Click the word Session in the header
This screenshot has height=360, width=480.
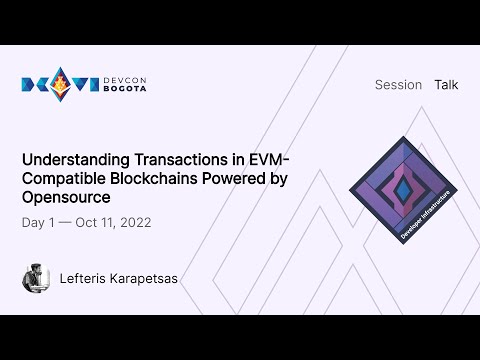point(398,85)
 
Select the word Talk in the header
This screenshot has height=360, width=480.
point(446,85)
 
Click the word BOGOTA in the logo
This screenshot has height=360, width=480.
point(128,91)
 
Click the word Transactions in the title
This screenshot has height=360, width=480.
point(176,160)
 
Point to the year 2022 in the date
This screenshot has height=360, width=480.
point(134,222)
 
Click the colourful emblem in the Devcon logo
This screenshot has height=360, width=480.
point(60,85)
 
